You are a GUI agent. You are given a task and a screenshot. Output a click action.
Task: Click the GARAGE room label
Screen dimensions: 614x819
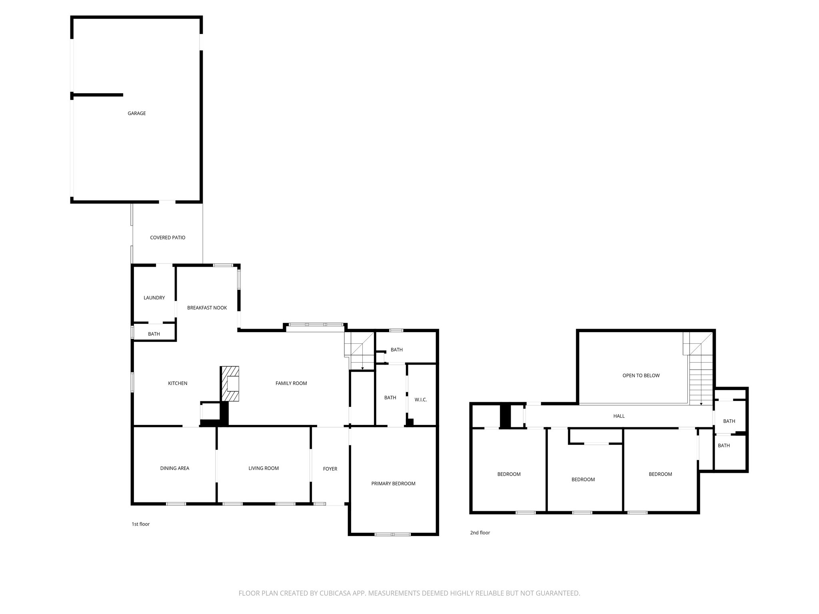[136, 114]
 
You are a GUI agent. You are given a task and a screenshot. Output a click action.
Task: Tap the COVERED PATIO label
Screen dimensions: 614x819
[168, 237]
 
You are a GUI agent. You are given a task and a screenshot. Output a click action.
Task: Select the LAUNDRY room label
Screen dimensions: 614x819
[154, 298]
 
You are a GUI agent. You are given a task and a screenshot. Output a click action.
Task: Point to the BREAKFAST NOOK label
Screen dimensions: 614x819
[207, 308]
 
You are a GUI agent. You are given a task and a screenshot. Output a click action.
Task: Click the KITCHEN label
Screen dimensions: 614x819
[178, 383]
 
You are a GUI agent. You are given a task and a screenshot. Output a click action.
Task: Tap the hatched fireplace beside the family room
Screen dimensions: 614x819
[230, 384]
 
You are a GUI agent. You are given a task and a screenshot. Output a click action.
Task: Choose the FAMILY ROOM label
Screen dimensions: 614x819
[291, 383]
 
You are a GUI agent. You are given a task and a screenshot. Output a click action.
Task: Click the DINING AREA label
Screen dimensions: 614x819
[174, 468]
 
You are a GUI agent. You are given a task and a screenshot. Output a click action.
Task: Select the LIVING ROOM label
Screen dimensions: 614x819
[264, 468]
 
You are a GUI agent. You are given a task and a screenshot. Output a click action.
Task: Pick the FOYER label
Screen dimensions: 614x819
[330, 469]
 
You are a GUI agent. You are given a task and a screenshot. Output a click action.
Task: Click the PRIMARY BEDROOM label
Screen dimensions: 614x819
[393, 484]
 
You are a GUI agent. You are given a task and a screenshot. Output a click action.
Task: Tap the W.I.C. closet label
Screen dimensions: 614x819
[421, 400]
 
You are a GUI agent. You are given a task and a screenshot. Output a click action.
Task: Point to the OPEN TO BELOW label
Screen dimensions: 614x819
[641, 376]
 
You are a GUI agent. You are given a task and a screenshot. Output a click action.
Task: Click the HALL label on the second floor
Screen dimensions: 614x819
[619, 416]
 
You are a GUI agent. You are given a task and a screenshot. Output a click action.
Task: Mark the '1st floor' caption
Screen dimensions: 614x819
[140, 524]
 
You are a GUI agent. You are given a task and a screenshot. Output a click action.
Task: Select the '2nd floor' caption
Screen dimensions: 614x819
[479, 533]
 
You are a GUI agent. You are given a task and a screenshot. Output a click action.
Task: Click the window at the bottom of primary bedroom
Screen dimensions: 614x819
[393, 534]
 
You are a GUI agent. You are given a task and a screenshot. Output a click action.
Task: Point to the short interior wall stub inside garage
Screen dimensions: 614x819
[98, 95]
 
